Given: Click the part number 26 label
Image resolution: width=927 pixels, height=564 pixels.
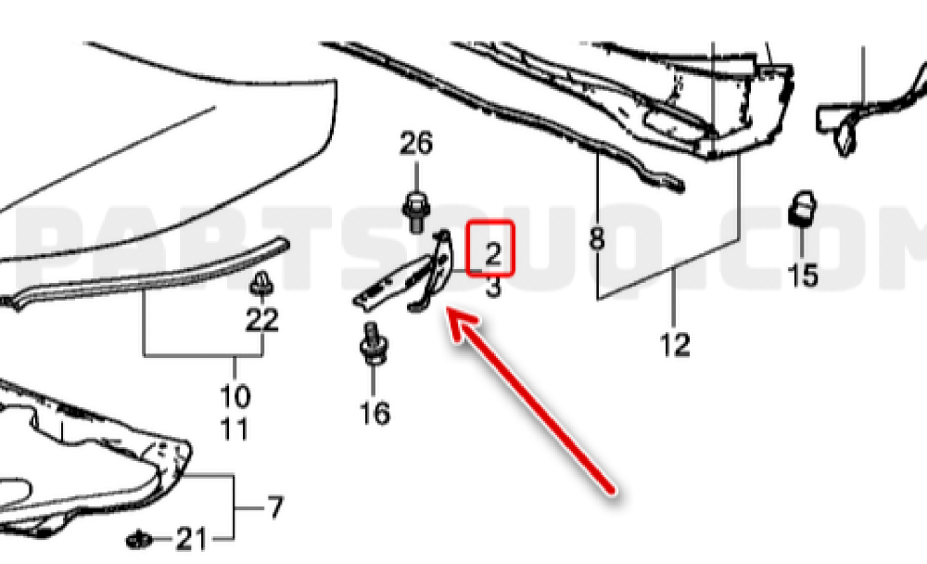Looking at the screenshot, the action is [416, 144].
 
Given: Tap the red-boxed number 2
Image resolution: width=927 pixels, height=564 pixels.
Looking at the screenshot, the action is [492, 254].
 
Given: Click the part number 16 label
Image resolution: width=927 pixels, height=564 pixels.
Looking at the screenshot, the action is [375, 413].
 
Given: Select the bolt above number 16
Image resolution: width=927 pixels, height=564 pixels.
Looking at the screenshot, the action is [373, 344].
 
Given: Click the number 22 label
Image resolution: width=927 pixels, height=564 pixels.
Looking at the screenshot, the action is [262, 321].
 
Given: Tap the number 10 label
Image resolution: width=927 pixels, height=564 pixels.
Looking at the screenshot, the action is [235, 396].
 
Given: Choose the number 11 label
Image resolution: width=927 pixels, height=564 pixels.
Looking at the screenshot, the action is [235, 429].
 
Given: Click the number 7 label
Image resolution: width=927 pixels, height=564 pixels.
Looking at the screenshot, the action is [275, 507].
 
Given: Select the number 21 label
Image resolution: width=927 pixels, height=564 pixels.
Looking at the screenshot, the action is [192, 539].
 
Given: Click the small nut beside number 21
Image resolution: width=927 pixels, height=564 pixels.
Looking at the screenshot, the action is [140, 539].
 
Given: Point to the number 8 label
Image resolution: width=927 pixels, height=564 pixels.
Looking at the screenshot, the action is [597, 239].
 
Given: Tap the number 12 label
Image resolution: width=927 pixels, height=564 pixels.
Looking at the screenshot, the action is [675, 344].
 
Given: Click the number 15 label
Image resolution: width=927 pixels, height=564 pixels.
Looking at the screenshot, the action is [804, 276].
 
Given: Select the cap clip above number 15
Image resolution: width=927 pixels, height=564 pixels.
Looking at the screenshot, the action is [802, 209].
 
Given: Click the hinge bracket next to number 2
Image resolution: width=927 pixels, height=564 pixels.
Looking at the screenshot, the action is [408, 274].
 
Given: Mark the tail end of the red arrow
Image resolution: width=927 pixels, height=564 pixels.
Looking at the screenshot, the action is [613, 490].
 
